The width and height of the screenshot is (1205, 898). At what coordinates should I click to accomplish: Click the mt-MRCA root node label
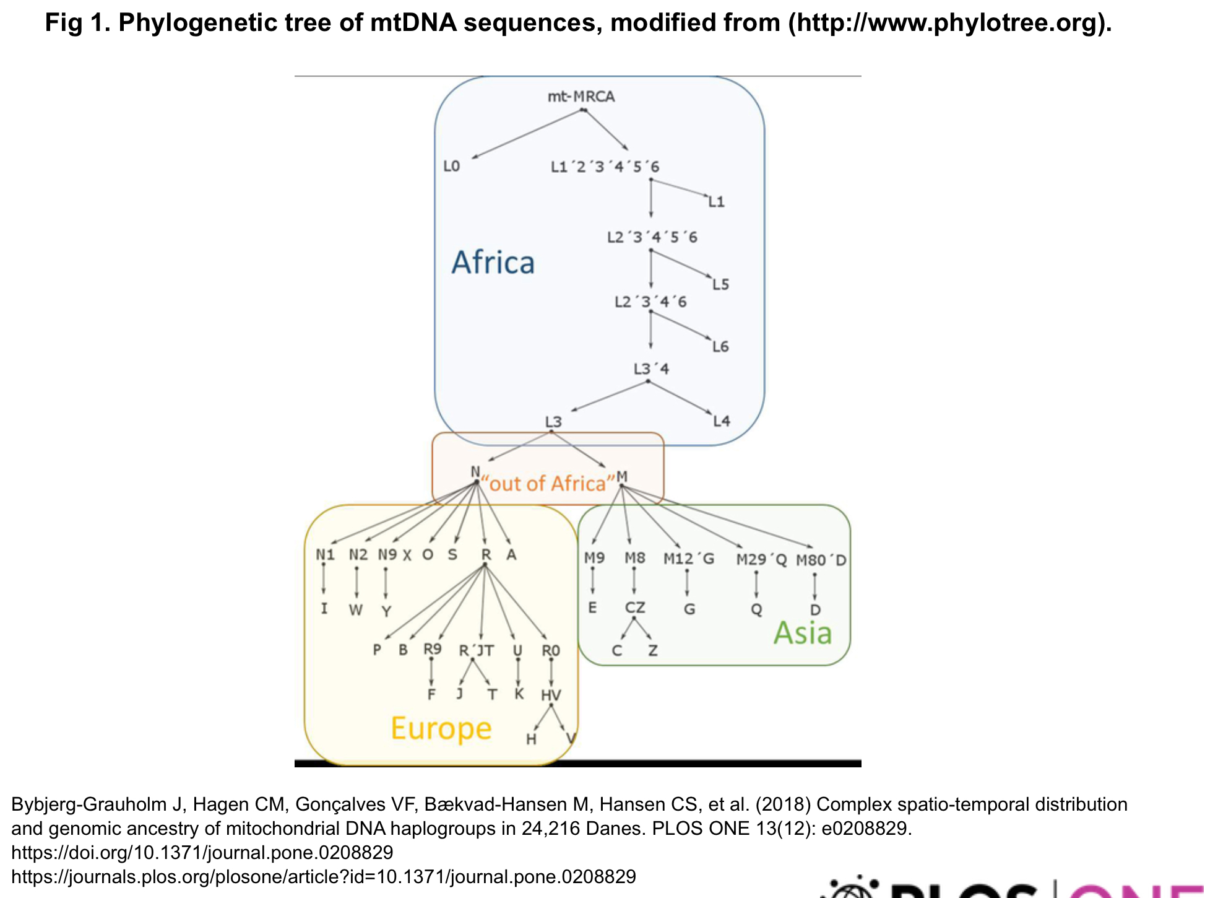(x=581, y=97)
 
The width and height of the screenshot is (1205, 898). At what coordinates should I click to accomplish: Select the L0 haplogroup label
(x=451, y=166)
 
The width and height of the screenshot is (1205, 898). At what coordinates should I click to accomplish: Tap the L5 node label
(x=720, y=284)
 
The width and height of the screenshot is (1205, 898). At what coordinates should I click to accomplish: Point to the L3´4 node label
(x=651, y=369)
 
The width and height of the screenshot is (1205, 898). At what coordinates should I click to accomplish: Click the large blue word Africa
(x=493, y=263)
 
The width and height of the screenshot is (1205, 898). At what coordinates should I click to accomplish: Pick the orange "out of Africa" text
(x=548, y=483)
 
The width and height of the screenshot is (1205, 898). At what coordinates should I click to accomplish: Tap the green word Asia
(x=802, y=633)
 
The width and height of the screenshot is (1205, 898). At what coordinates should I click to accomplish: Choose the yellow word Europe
(x=441, y=728)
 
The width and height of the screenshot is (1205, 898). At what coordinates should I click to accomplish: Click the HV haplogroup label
(x=551, y=695)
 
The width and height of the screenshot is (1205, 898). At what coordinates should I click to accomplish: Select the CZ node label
(x=635, y=608)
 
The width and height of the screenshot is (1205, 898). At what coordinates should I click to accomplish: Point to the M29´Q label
(x=761, y=560)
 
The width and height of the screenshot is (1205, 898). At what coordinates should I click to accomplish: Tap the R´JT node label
(x=476, y=650)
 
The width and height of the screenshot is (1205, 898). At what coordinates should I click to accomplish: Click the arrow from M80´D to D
(x=814, y=585)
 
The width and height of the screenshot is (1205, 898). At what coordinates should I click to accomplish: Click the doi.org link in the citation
(x=202, y=853)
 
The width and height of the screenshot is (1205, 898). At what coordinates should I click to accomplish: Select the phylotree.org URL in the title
(x=946, y=23)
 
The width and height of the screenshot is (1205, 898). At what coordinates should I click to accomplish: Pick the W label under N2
(x=355, y=610)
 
